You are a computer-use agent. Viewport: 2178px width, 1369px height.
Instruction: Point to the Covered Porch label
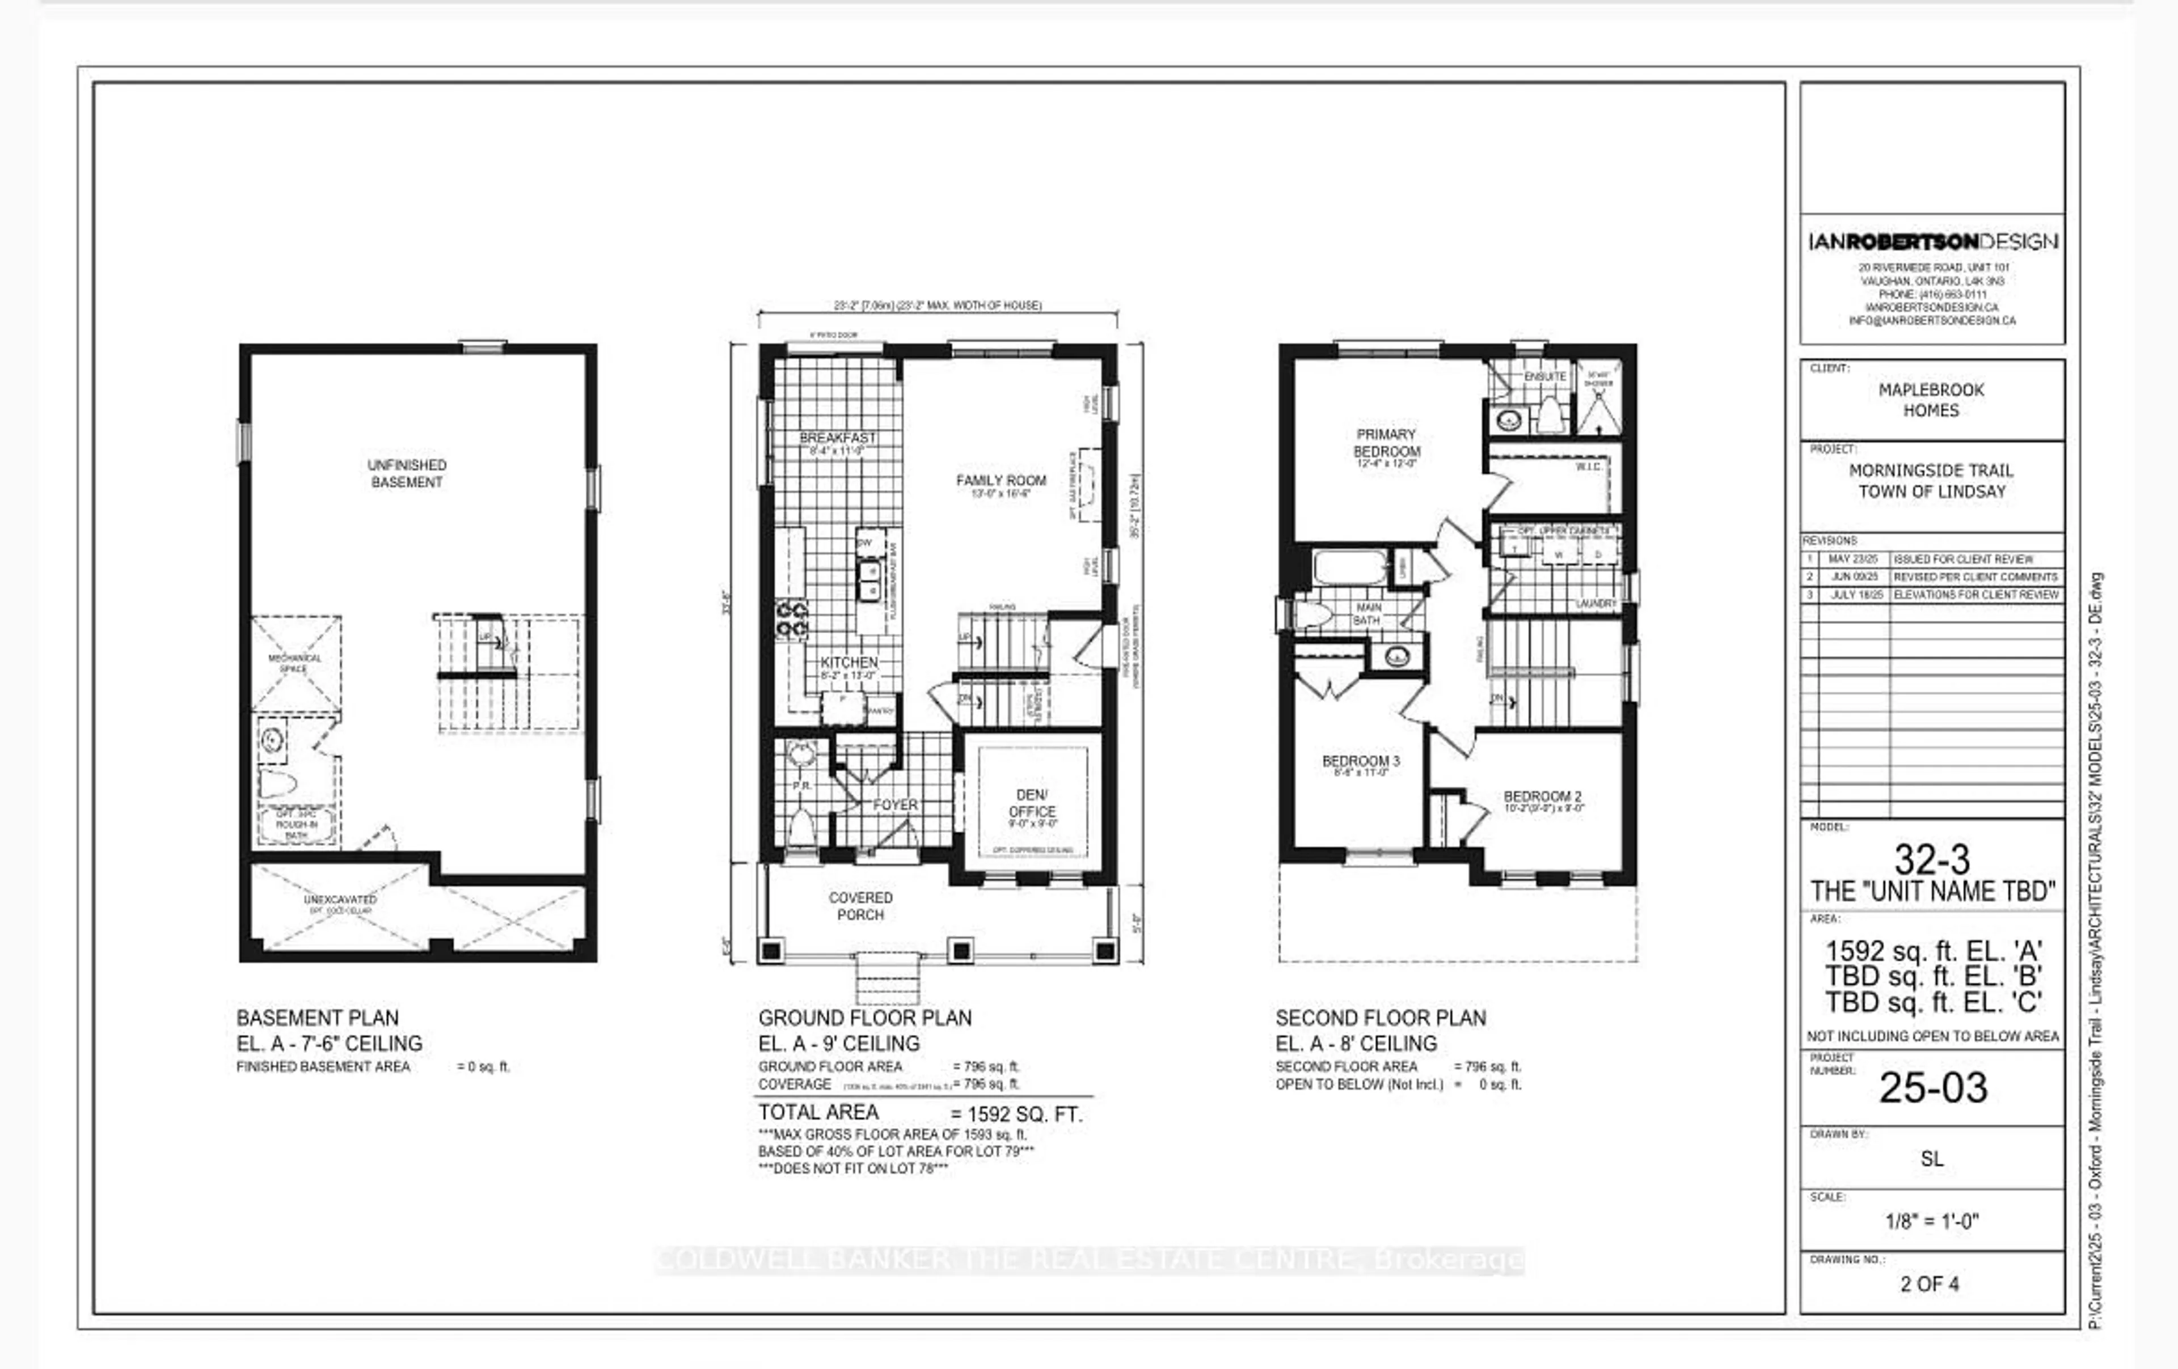coord(860,906)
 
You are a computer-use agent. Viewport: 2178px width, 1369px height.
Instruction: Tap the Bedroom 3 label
coord(1360,761)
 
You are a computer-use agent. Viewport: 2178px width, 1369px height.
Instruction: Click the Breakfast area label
coord(838,438)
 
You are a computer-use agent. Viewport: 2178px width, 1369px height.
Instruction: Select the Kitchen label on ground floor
coord(849,663)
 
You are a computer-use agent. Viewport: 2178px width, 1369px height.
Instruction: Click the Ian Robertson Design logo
coord(1932,241)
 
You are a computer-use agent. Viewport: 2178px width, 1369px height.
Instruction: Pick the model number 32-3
coord(1932,859)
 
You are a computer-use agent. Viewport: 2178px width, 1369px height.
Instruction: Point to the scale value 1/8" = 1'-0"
coord(1932,1220)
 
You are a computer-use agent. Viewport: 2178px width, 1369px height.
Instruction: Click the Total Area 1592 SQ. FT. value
coord(1016,1114)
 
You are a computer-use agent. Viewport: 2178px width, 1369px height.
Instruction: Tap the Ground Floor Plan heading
coord(865,1018)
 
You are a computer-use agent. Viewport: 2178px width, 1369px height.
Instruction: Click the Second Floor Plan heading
coord(1380,1018)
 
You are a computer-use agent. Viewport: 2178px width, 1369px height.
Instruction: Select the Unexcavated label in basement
coord(340,900)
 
